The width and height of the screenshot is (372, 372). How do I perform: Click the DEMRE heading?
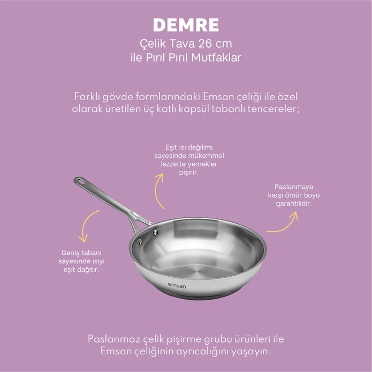coord(186,25)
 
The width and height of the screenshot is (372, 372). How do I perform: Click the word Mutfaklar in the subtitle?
coord(216,57)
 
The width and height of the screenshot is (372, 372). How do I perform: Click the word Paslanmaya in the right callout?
coord(294,187)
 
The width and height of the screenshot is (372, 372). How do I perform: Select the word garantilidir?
coord(293,203)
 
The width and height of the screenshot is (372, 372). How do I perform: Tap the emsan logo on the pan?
coord(177,286)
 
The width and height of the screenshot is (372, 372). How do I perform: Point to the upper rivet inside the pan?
coord(156,232)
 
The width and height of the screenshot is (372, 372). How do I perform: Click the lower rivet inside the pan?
coord(140,242)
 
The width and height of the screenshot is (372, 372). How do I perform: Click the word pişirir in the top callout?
coord(188,172)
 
